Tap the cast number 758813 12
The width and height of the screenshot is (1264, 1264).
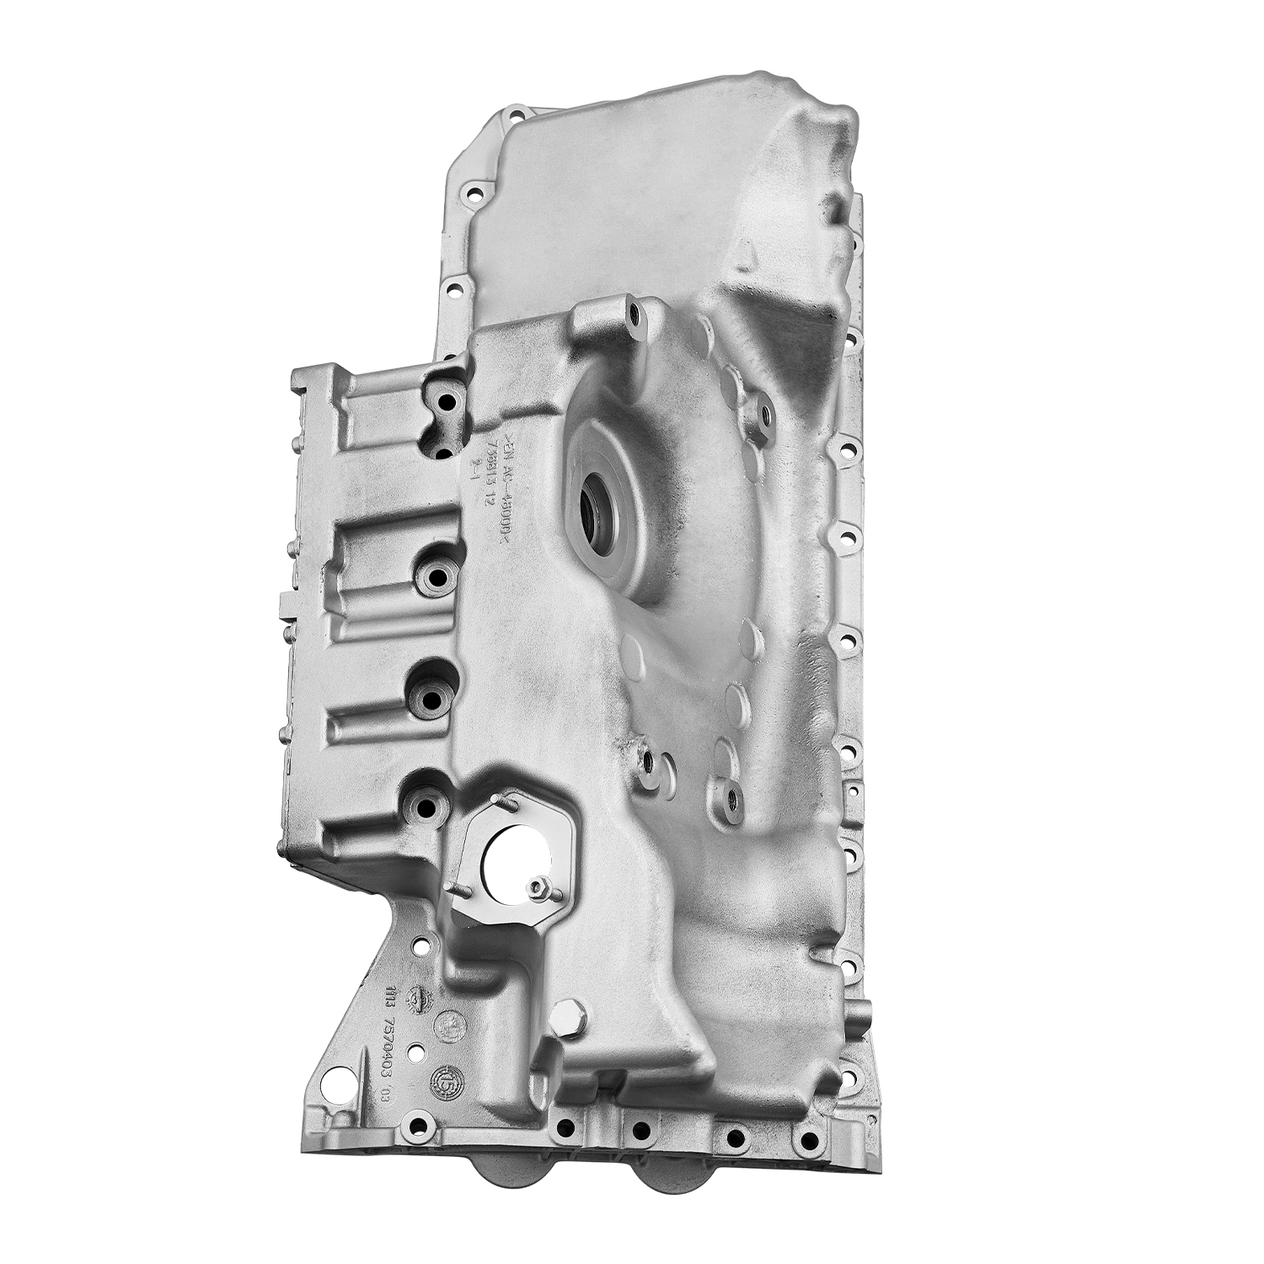(489, 476)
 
